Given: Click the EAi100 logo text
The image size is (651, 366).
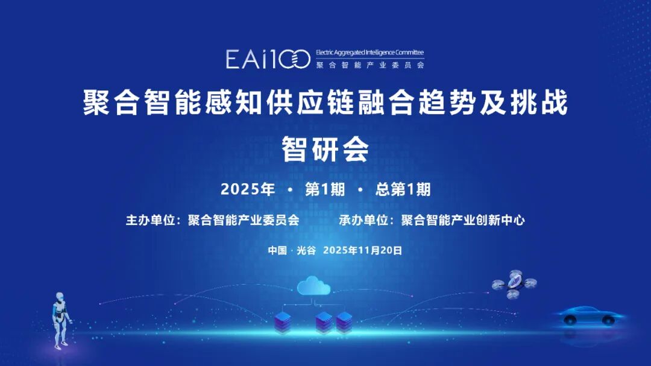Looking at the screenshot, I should pos(268,59).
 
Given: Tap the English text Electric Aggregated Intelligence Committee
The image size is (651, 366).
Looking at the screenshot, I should pos(370,52).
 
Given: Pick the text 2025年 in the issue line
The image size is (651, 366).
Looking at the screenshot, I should pos(248,189).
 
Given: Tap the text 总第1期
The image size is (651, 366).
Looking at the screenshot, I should pos(403,189).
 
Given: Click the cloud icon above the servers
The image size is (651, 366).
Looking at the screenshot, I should pos(314,285).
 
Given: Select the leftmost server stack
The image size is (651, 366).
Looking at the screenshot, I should pos(282,323).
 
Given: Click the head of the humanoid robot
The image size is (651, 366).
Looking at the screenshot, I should pos(60,297).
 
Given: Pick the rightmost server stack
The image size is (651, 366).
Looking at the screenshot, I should pos(344,323).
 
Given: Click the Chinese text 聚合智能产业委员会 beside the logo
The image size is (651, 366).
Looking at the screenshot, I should pos(370,65).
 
